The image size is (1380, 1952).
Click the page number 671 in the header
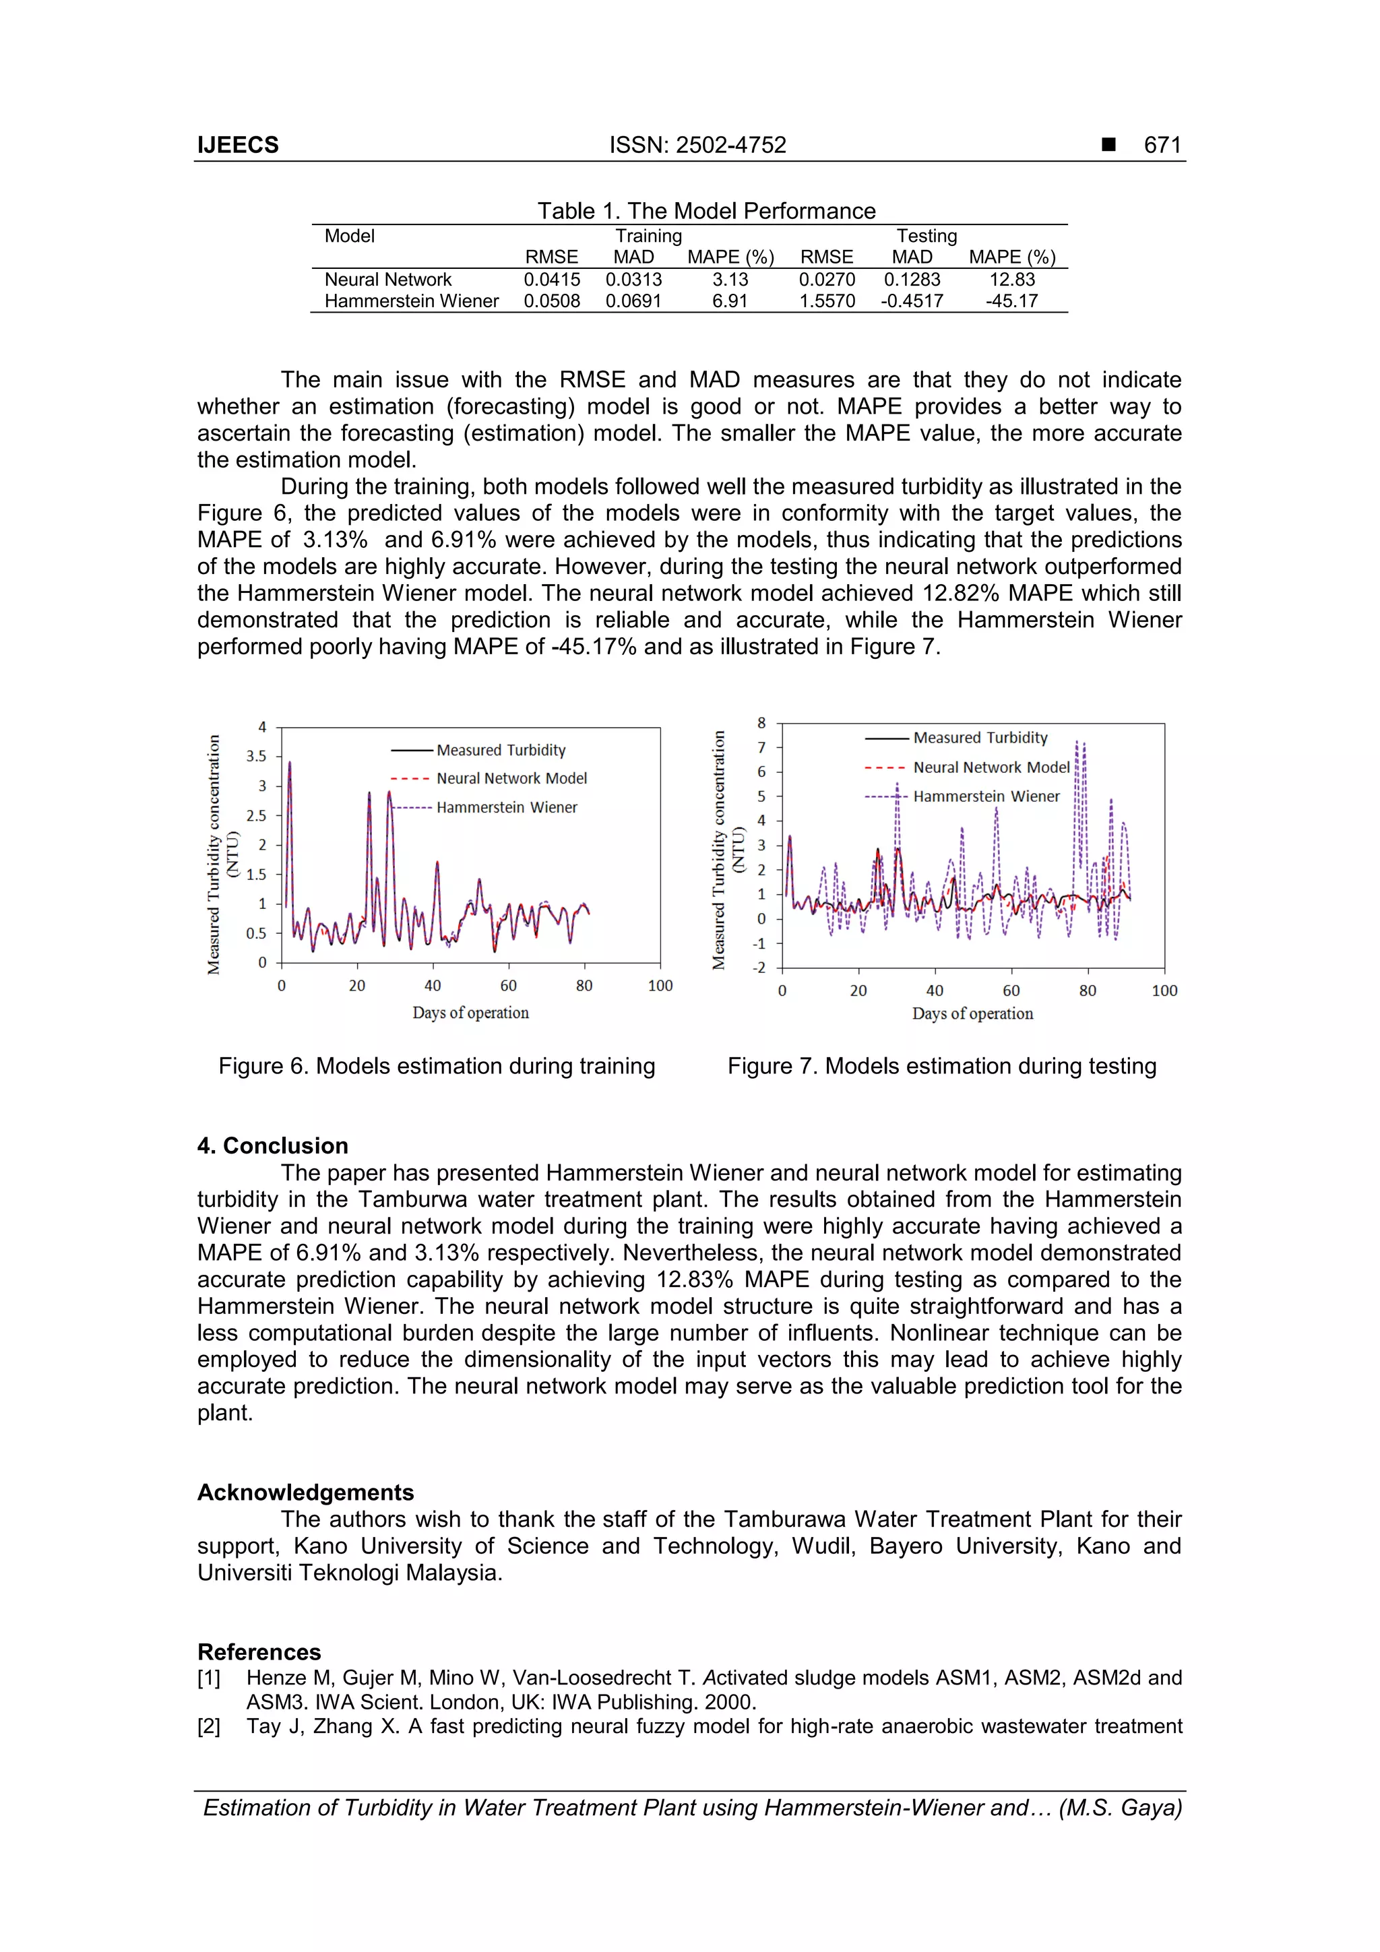point(1162,146)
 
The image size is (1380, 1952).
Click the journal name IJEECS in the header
point(238,146)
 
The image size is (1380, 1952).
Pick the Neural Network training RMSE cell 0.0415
point(551,280)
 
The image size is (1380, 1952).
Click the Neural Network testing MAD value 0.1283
point(912,280)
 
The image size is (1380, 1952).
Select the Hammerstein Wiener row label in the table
point(412,301)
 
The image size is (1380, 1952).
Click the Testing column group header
point(926,236)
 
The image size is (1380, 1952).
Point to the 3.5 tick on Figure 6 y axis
point(256,756)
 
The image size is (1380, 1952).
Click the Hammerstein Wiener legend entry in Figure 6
point(506,808)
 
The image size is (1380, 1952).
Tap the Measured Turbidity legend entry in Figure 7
point(980,738)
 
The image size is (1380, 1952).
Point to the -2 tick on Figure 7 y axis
point(760,968)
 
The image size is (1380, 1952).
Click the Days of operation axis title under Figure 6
point(470,1013)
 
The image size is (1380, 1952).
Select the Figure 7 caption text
point(941,1066)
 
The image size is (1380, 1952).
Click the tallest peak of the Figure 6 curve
point(290,763)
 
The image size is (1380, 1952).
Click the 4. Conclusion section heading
point(273,1145)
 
